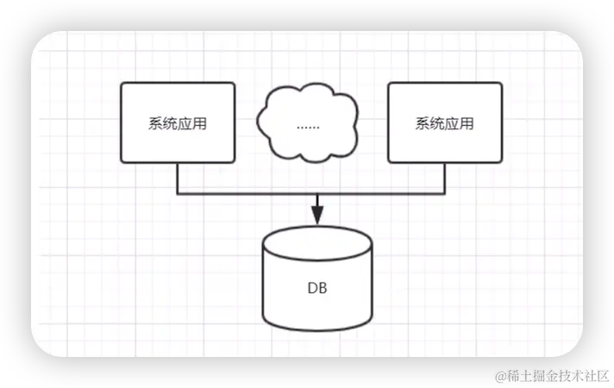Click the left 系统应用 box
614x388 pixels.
click(178, 122)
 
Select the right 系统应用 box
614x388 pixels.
click(445, 122)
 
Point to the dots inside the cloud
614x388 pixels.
click(308, 126)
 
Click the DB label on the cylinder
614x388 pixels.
click(317, 288)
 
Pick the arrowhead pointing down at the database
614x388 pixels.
click(317, 216)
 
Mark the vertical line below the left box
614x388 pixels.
click(178, 178)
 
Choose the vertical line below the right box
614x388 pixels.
click(445, 178)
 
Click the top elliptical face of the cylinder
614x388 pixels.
click(317, 243)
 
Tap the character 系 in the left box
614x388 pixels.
click(155, 123)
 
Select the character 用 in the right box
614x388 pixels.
click(467, 123)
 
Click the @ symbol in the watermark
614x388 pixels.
click(498, 375)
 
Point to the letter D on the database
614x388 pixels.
click(312, 288)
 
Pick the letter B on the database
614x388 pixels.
click(323, 288)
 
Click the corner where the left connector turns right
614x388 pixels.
click(178, 194)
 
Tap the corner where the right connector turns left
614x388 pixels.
click(445, 194)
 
